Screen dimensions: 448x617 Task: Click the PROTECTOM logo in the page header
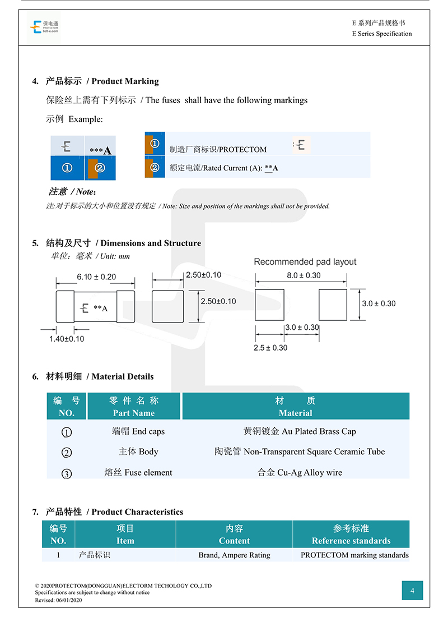(x=44, y=27)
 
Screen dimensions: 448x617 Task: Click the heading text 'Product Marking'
(x=125, y=81)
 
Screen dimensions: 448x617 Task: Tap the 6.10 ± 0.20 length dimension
(x=96, y=277)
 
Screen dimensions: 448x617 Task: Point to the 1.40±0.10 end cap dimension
(x=67, y=339)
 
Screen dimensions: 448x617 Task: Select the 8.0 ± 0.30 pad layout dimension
(x=304, y=275)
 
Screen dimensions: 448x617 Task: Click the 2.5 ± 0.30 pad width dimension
(x=270, y=348)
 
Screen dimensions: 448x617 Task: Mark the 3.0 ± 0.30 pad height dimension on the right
(x=379, y=304)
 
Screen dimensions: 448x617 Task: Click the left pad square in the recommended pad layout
(x=269, y=305)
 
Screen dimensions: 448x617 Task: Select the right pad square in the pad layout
(x=333, y=305)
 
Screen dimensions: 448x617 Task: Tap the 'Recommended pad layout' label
(x=305, y=262)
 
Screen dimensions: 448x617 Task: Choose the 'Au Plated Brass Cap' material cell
(x=300, y=432)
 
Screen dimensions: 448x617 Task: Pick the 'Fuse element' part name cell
(x=138, y=473)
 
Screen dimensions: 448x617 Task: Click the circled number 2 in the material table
(x=67, y=453)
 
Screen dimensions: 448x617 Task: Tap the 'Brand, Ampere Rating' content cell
(x=234, y=555)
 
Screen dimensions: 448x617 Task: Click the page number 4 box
(x=412, y=591)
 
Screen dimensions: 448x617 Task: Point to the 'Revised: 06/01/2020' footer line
(x=59, y=600)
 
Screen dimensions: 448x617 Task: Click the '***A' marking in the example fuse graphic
(x=100, y=150)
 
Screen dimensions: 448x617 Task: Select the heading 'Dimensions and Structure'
(x=151, y=243)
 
